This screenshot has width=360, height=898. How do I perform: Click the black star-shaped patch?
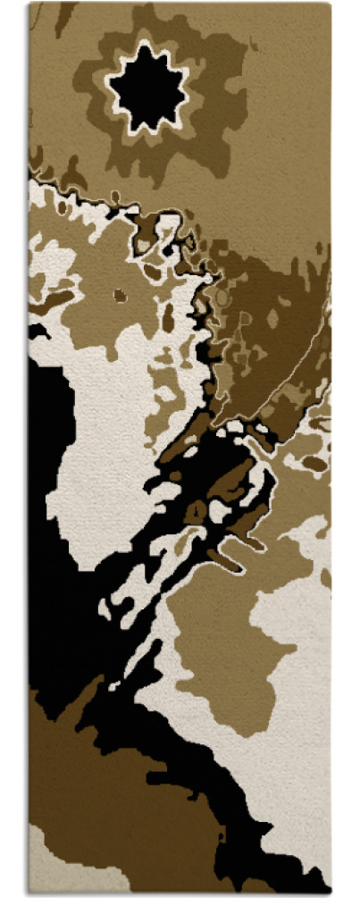(x=148, y=88)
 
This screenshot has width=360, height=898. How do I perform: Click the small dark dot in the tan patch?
(x=120, y=294)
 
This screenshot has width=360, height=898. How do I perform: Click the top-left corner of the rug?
(x=29, y=4)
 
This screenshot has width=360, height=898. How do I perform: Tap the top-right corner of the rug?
(x=331, y=4)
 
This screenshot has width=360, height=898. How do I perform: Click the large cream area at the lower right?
(x=295, y=715)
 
